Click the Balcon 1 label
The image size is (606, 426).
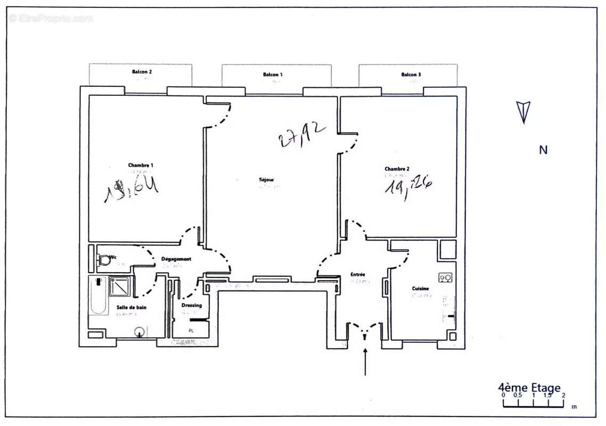[x=273, y=75]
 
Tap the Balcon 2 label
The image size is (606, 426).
[x=142, y=72]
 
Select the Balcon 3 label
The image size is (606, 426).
[x=411, y=75]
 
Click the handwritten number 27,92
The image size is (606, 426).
[x=301, y=134]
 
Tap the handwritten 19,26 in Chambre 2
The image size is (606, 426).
[x=408, y=187]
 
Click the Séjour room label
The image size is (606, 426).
[x=266, y=180]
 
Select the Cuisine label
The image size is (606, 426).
[x=420, y=289]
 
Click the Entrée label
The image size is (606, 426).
[x=358, y=275]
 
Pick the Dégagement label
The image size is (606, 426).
[x=176, y=259]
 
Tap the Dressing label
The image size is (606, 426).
[x=191, y=305]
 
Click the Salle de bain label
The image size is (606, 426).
[x=132, y=307]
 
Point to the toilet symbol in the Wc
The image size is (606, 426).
[x=104, y=260]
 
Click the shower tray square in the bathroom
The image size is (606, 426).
[x=120, y=286]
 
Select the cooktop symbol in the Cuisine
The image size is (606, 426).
[x=445, y=277]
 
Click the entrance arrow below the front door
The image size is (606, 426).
[x=365, y=362]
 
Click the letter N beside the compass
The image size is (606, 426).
[x=543, y=150]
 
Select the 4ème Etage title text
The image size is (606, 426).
[x=529, y=388]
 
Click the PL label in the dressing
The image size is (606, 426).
[x=191, y=331]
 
